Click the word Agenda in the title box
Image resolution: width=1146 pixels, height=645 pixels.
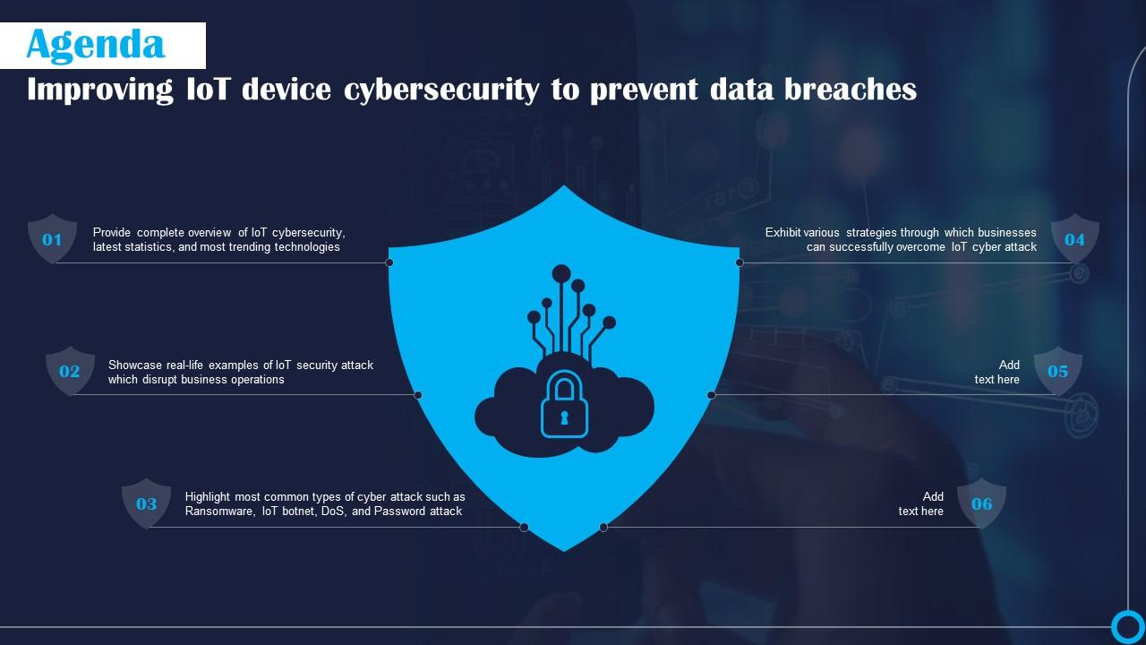click(x=96, y=45)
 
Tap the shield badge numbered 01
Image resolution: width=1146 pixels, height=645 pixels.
click(x=53, y=239)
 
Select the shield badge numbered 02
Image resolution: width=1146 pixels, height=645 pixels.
click(x=70, y=371)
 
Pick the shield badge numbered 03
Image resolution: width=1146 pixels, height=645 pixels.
click(x=146, y=503)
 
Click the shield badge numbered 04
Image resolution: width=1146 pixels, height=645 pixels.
click(x=1074, y=239)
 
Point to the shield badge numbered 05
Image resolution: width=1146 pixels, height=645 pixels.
click(x=1058, y=371)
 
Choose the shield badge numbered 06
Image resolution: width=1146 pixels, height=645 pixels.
click(x=982, y=503)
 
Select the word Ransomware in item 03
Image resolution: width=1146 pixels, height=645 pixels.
click(x=219, y=512)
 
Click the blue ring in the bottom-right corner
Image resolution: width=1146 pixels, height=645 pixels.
click(x=1127, y=625)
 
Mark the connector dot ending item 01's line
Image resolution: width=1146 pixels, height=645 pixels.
click(x=389, y=262)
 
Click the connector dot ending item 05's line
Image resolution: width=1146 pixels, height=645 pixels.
click(x=712, y=395)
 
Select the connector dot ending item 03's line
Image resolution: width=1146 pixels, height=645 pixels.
click(x=525, y=527)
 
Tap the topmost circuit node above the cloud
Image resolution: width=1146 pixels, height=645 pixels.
click(x=561, y=273)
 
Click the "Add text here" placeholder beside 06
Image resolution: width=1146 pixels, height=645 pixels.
click(x=921, y=503)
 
